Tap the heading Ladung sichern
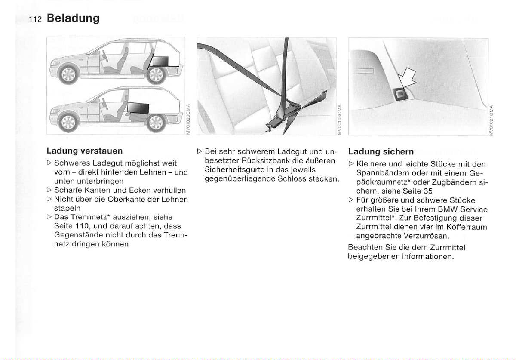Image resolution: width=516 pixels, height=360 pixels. coord(381,152)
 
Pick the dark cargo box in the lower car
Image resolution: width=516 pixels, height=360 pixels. coord(137,108)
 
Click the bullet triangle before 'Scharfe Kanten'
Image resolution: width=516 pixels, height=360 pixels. coord(49,190)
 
